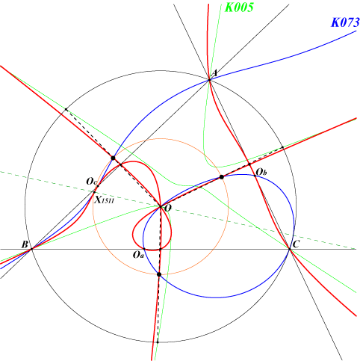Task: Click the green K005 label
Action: (239, 7)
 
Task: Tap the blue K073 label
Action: (345, 22)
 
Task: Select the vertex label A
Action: (215, 73)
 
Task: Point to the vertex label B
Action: (25, 244)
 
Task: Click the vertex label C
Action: (295, 244)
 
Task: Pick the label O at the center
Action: (168, 209)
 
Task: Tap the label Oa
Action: (138, 255)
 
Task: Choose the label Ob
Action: (261, 172)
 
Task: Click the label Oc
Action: (91, 182)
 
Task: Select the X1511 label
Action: (105, 200)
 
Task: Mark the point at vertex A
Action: (209, 80)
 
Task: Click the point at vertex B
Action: (31, 249)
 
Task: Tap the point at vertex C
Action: (290, 249)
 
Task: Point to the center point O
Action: (161, 206)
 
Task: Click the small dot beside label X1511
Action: (94, 192)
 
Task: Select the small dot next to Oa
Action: (144, 249)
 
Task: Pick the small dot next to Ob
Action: (255, 176)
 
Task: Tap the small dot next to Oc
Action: (98, 186)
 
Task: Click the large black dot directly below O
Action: (159, 274)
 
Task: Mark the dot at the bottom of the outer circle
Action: (158, 342)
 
